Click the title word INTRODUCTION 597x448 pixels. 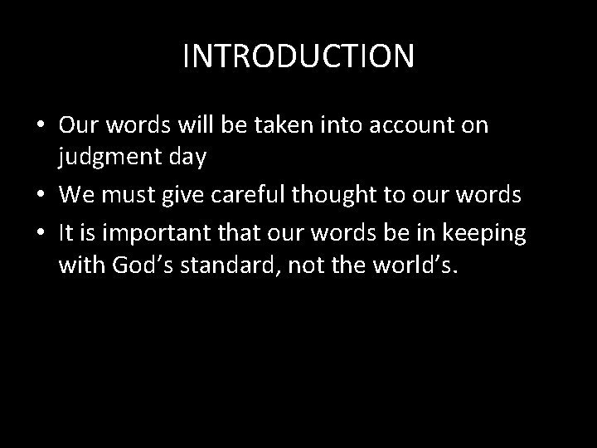pyautogui.click(x=298, y=56)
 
